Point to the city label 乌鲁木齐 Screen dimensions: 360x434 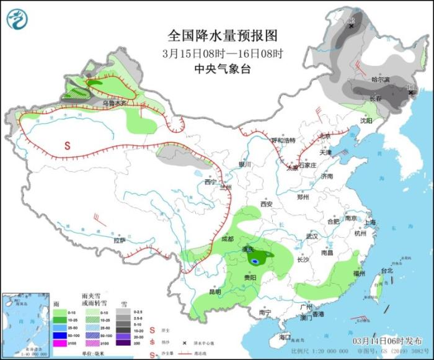point(114,103)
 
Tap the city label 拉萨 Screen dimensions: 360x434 point(119,240)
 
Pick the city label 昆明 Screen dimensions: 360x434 point(215,291)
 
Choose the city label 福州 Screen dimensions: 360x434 point(358,273)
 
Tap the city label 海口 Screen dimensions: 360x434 point(285,336)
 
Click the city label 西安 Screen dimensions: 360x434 point(267,204)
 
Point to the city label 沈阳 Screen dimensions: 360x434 point(366,121)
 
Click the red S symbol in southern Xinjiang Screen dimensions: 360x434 point(68,146)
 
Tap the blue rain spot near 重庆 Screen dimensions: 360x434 point(255,262)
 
